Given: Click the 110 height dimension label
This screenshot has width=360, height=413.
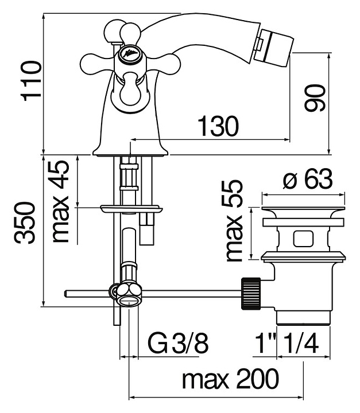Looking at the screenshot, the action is pyautogui.click(x=32, y=81).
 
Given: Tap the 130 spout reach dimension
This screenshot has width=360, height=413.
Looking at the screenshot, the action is pyautogui.click(x=218, y=126).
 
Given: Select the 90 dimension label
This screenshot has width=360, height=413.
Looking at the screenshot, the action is pyautogui.click(x=315, y=98).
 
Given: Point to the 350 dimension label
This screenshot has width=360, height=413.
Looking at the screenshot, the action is pyautogui.click(x=25, y=223).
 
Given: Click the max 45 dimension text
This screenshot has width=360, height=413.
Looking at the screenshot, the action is pyautogui.click(x=61, y=201).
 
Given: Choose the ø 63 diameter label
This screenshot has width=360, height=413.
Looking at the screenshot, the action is pyautogui.click(x=308, y=180).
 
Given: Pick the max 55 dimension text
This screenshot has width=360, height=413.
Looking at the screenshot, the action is pyautogui.click(x=234, y=221).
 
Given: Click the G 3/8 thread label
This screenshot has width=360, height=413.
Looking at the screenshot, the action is pyautogui.click(x=178, y=344).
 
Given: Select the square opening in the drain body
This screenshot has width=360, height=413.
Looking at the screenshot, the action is pyautogui.click(x=303, y=239).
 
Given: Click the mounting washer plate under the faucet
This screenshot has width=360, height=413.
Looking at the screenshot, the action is pyautogui.click(x=131, y=209).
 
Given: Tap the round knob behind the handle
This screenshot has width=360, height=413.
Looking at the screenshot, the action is pyautogui.click(x=114, y=31).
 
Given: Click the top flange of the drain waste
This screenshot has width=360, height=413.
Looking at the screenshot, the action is pyautogui.click(x=303, y=212).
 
